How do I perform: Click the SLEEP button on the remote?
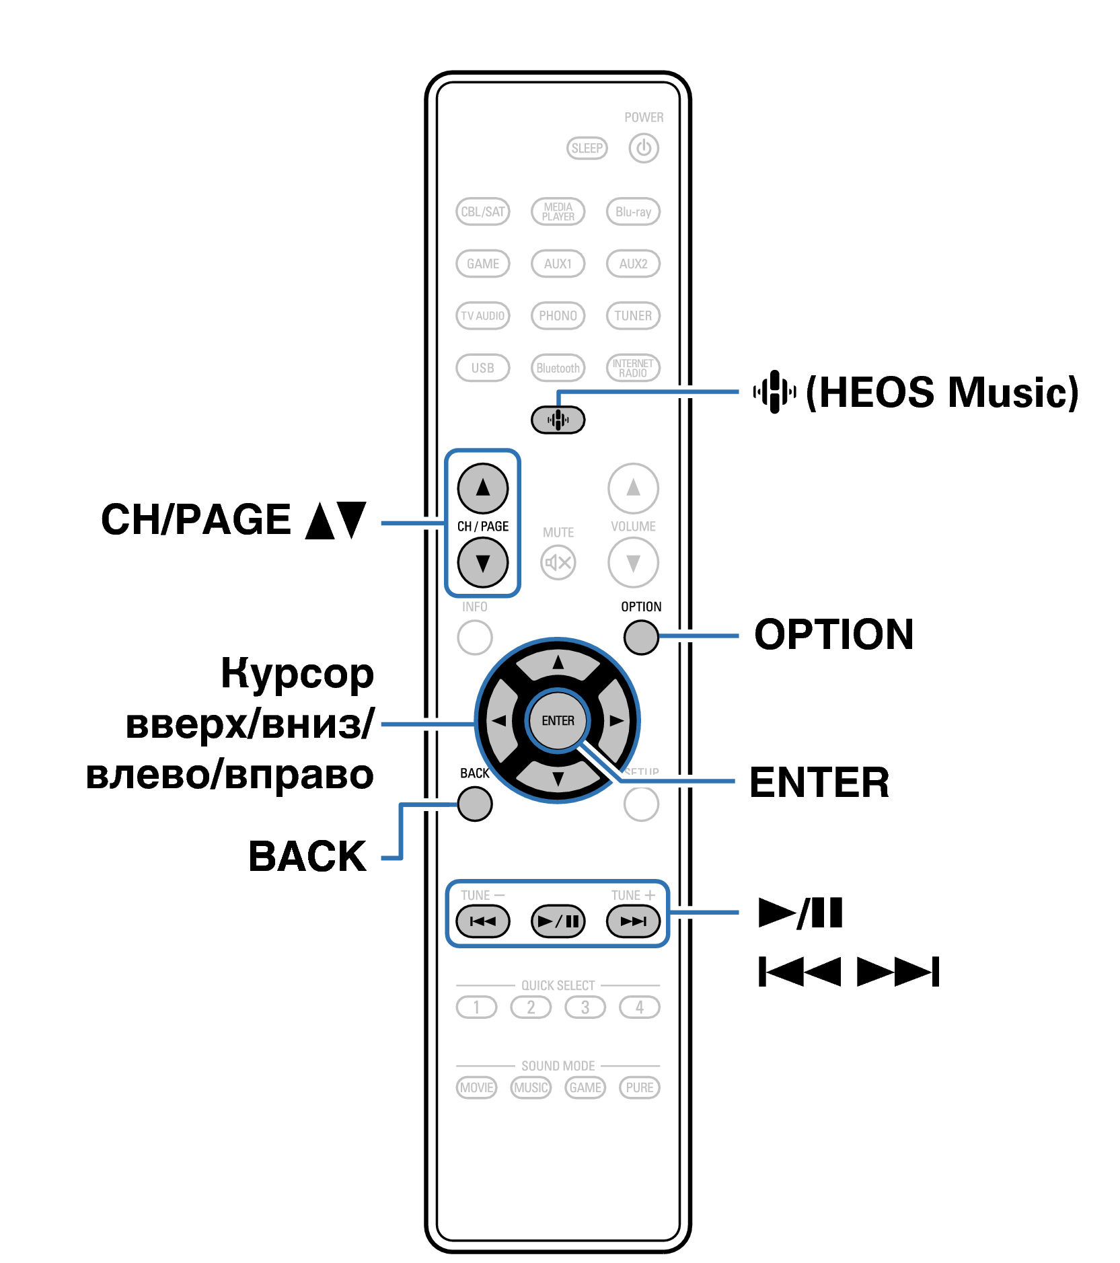click(x=587, y=148)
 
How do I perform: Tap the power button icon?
click(x=644, y=148)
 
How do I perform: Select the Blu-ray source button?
click(x=633, y=211)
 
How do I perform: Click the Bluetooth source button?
click(x=558, y=368)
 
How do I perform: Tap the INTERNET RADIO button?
click(x=633, y=368)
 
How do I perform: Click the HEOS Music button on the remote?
click(x=558, y=420)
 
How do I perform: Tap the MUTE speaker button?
click(x=558, y=562)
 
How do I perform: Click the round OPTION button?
click(x=641, y=637)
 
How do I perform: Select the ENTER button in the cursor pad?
click(x=558, y=720)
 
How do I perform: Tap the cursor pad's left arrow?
click(x=499, y=720)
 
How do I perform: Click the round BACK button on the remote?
click(x=474, y=804)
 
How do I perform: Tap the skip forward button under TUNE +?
click(x=633, y=921)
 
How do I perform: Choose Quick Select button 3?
click(x=585, y=1007)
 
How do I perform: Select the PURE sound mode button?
click(x=639, y=1087)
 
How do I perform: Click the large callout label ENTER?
click(x=819, y=782)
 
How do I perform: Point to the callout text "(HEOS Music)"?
click(x=942, y=392)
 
